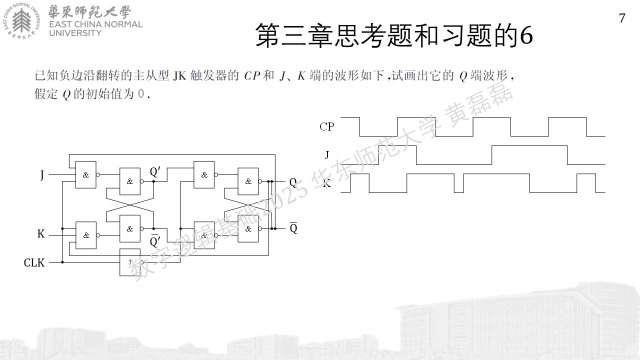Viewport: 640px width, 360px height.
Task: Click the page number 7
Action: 622,18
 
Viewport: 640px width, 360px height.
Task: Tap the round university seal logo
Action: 22,21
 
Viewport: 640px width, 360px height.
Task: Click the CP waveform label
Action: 327,126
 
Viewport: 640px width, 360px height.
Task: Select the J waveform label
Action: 327,154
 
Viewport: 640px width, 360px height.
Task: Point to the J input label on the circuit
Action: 42,174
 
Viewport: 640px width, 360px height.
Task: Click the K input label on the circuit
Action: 41,233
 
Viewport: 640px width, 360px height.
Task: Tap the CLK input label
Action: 34,262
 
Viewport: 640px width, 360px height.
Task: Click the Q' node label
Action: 155,171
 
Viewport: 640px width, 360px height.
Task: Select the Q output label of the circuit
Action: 293,182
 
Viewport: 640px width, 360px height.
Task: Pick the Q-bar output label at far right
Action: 293,227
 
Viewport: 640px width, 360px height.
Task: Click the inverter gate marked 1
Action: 130,262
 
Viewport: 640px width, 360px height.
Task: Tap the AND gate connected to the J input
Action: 85,174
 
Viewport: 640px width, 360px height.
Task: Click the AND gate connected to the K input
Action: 85,235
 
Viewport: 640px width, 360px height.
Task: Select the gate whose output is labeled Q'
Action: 130,181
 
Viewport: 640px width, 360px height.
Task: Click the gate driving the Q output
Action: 248,181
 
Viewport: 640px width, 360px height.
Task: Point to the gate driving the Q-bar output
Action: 248,228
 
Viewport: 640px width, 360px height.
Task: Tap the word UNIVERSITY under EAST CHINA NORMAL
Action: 75,33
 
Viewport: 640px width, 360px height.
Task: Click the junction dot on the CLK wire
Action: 62,262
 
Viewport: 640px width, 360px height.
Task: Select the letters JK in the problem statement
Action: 179,76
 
